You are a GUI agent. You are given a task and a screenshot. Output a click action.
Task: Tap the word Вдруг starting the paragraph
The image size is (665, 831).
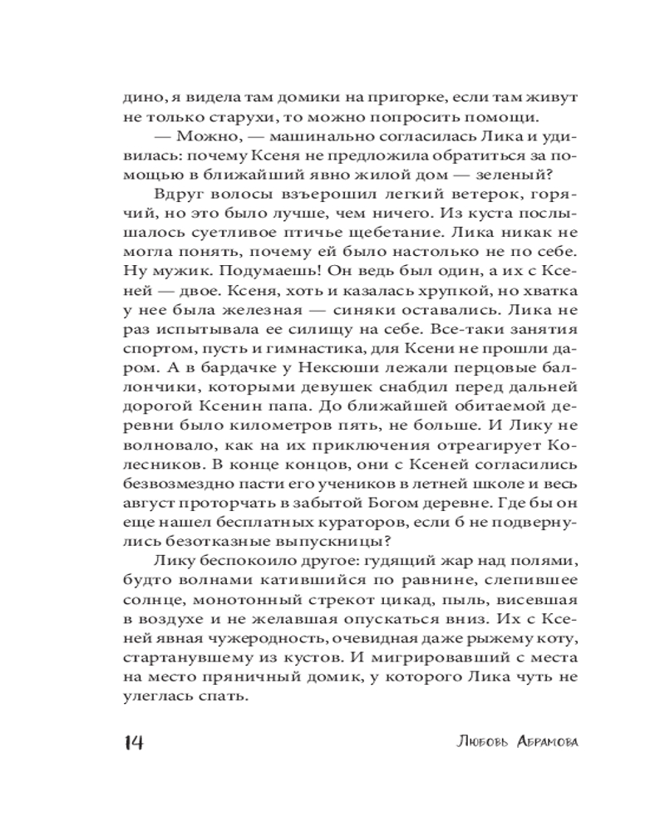174,194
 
